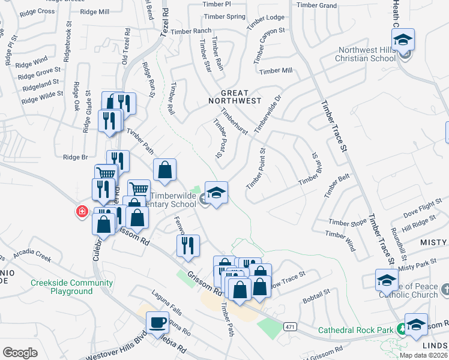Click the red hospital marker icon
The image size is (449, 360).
[x=81, y=212]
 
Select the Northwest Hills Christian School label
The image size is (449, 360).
[x=367, y=55]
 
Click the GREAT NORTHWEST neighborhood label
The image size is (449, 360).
[x=241, y=97]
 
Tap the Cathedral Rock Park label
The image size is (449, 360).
[x=355, y=329]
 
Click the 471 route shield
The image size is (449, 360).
[x=290, y=326]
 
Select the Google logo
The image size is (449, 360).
[x=20, y=353]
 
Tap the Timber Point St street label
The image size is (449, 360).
[x=256, y=168]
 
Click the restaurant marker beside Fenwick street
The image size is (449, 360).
[x=188, y=246]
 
